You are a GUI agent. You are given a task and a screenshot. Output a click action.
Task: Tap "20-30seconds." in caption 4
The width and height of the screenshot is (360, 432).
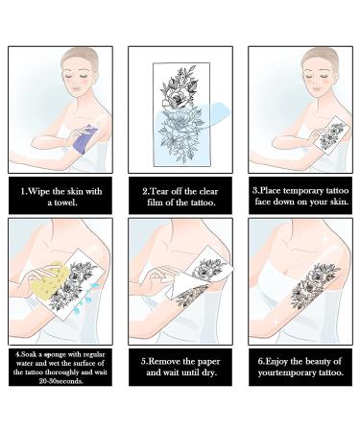(60, 381)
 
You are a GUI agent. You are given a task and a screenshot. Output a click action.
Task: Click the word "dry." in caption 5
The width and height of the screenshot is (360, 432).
(209, 372)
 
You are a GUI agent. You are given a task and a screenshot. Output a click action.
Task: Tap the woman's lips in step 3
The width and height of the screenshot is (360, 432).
(317, 88)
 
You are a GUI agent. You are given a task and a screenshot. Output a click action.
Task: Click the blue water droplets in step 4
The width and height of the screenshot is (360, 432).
(85, 296)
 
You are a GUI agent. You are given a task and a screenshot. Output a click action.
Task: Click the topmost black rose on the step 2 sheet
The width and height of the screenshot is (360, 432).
(177, 99)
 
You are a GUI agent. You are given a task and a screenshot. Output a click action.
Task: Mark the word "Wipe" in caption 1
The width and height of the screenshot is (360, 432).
(39, 191)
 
